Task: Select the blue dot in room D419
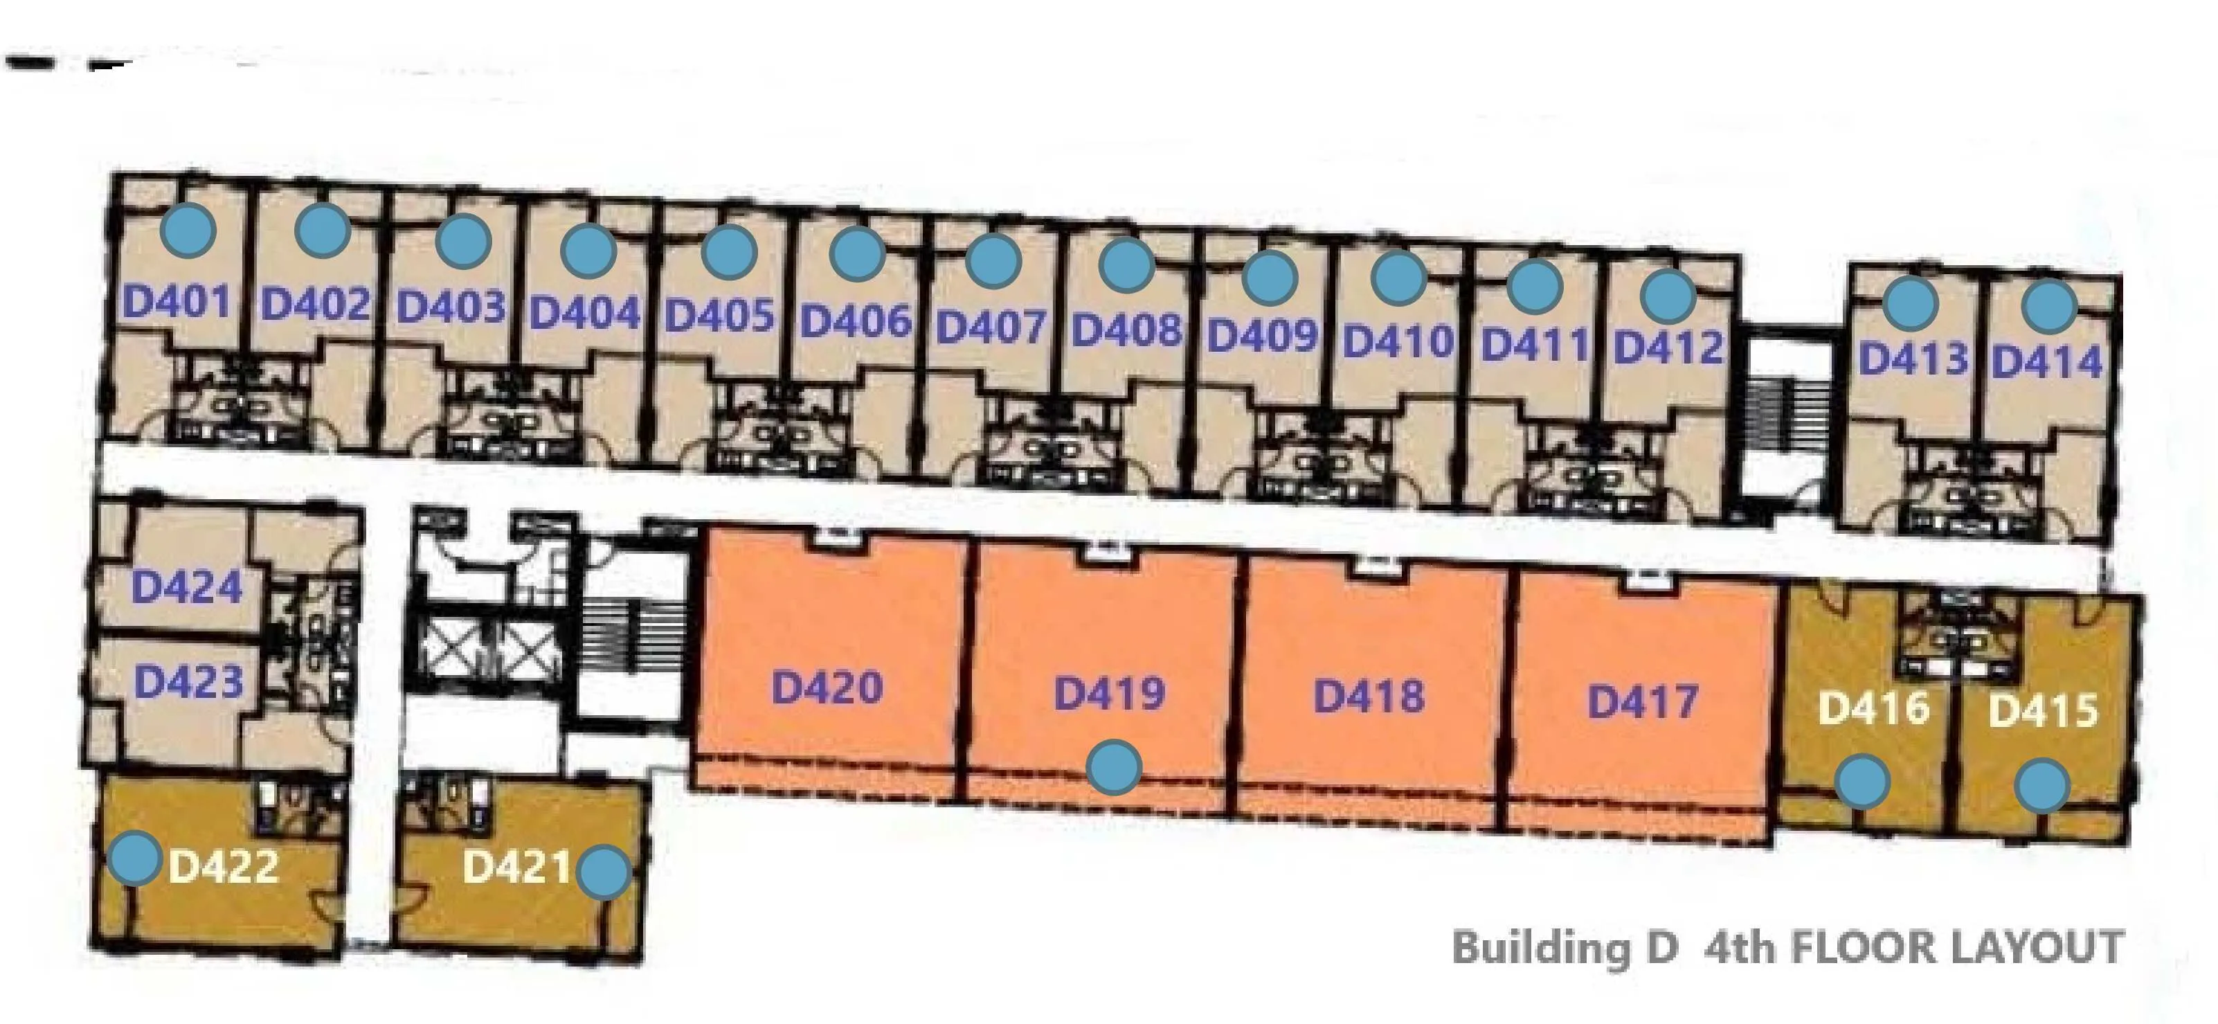pos(1114,767)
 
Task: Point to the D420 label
pos(827,688)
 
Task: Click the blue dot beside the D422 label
pos(134,858)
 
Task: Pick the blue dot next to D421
pos(604,872)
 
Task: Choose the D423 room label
pos(188,682)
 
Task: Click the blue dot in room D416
pos(1862,782)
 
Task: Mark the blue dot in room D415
pos(2042,784)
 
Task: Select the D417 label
pos(1643,701)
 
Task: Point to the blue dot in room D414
pos(2048,307)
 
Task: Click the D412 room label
pos(1668,347)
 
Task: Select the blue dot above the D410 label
pos(1398,278)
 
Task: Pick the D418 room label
pos(1369,696)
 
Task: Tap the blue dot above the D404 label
pos(588,250)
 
